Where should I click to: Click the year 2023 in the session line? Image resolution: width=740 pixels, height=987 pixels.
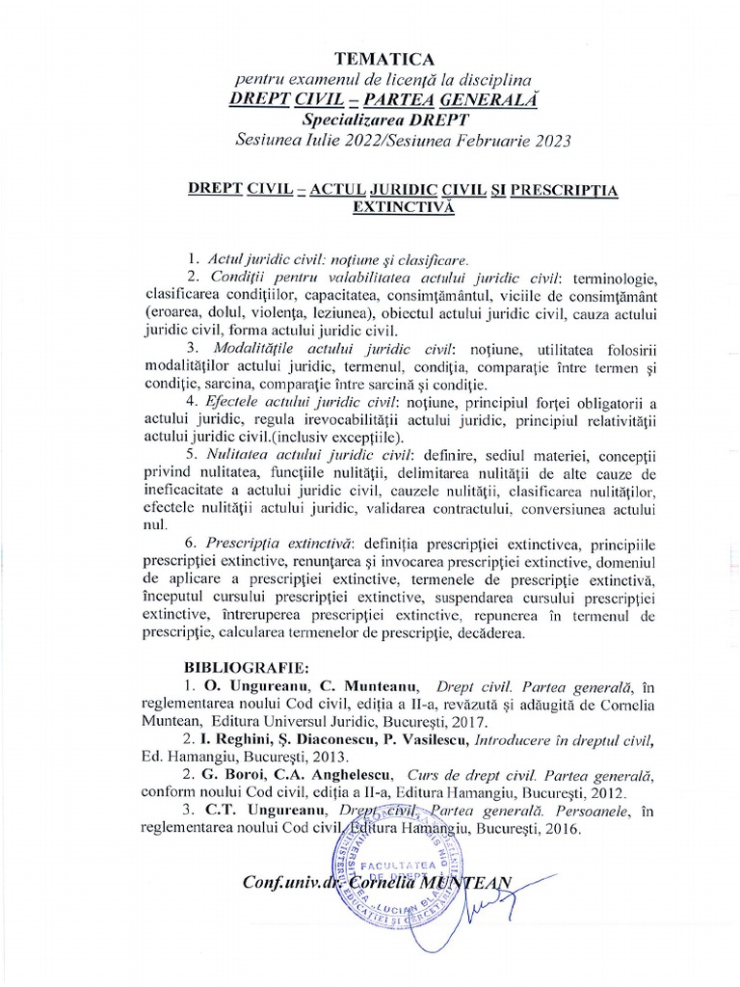(x=549, y=141)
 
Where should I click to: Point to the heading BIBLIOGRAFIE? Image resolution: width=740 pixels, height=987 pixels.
(x=246, y=666)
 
